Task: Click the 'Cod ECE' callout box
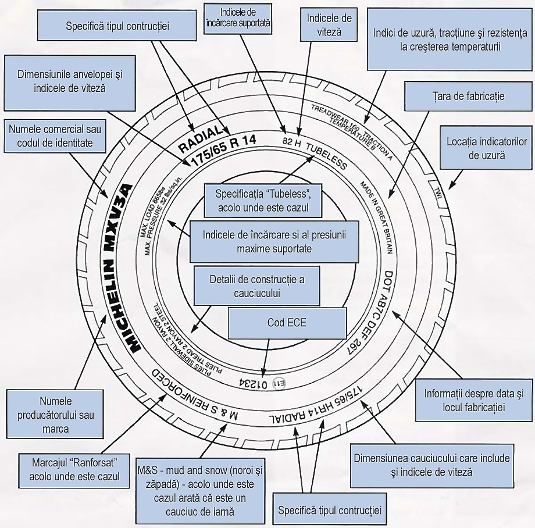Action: [287, 323]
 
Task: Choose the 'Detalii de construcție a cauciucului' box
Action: [257, 286]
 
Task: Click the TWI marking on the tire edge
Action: [437, 192]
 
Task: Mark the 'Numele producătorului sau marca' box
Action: [55, 415]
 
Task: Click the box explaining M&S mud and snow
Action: [200, 488]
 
